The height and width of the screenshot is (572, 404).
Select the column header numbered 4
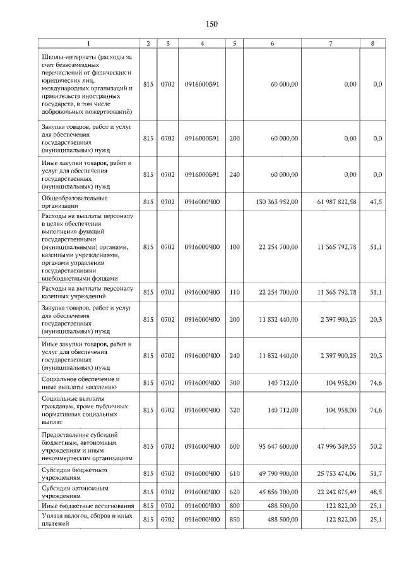(201, 44)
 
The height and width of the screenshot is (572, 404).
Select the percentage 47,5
(376, 202)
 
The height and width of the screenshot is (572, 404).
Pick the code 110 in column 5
(234, 292)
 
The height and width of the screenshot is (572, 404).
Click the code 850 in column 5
(234, 520)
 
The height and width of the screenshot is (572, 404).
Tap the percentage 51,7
(376, 474)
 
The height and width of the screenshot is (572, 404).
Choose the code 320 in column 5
(234, 410)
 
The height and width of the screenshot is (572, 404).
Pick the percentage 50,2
(376, 446)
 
